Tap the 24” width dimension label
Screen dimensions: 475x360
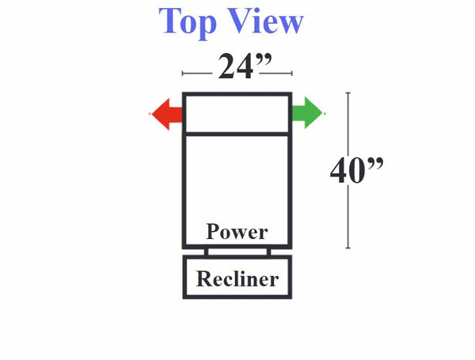pos(245,66)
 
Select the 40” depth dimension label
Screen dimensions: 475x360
pos(356,170)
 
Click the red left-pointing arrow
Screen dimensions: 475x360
pos(166,114)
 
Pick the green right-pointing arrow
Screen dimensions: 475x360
pos(307,113)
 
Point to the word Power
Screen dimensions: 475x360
pos(237,232)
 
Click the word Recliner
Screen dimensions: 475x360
pos(237,279)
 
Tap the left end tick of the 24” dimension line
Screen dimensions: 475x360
pos(182,74)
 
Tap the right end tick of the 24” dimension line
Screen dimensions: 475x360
pos(291,74)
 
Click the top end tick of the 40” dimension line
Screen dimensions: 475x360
pos(348,93)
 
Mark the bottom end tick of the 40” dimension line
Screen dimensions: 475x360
pos(348,248)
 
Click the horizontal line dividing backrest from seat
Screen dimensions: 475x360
pos(237,135)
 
